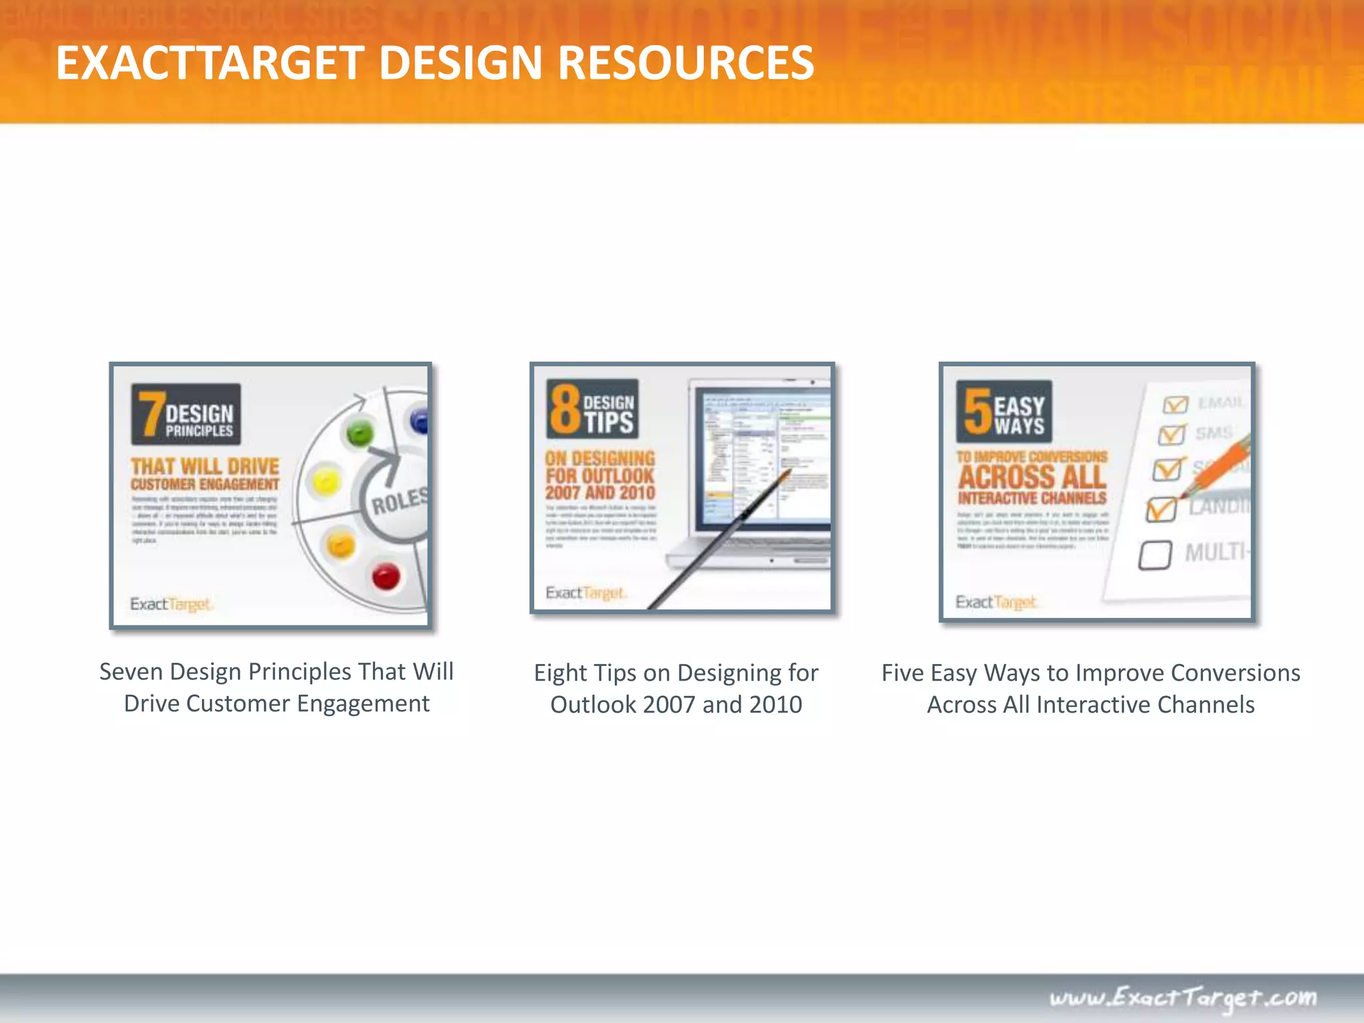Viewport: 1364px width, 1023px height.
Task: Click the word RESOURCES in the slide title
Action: point(685,63)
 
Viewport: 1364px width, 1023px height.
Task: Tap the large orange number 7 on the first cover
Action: point(151,413)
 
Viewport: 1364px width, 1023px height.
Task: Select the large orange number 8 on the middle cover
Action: point(564,409)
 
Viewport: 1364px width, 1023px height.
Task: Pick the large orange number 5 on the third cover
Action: point(977,411)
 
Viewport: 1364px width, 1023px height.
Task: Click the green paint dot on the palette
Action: point(360,434)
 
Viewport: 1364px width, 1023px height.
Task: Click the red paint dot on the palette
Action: point(386,576)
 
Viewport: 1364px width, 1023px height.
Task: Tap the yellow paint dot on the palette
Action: point(326,481)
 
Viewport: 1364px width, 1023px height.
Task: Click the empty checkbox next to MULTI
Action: point(1155,555)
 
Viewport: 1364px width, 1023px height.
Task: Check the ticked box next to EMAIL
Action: point(1175,404)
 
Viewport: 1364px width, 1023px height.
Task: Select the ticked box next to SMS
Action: point(1172,434)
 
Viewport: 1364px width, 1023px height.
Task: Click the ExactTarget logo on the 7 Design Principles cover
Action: point(171,604)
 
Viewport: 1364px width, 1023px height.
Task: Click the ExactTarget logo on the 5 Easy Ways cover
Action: point(996,602)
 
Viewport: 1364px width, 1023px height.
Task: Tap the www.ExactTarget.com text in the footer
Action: point(1183,998)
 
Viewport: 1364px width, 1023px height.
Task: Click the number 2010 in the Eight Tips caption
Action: point(775,705)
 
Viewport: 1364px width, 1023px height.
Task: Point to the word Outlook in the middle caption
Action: point(593,705)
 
